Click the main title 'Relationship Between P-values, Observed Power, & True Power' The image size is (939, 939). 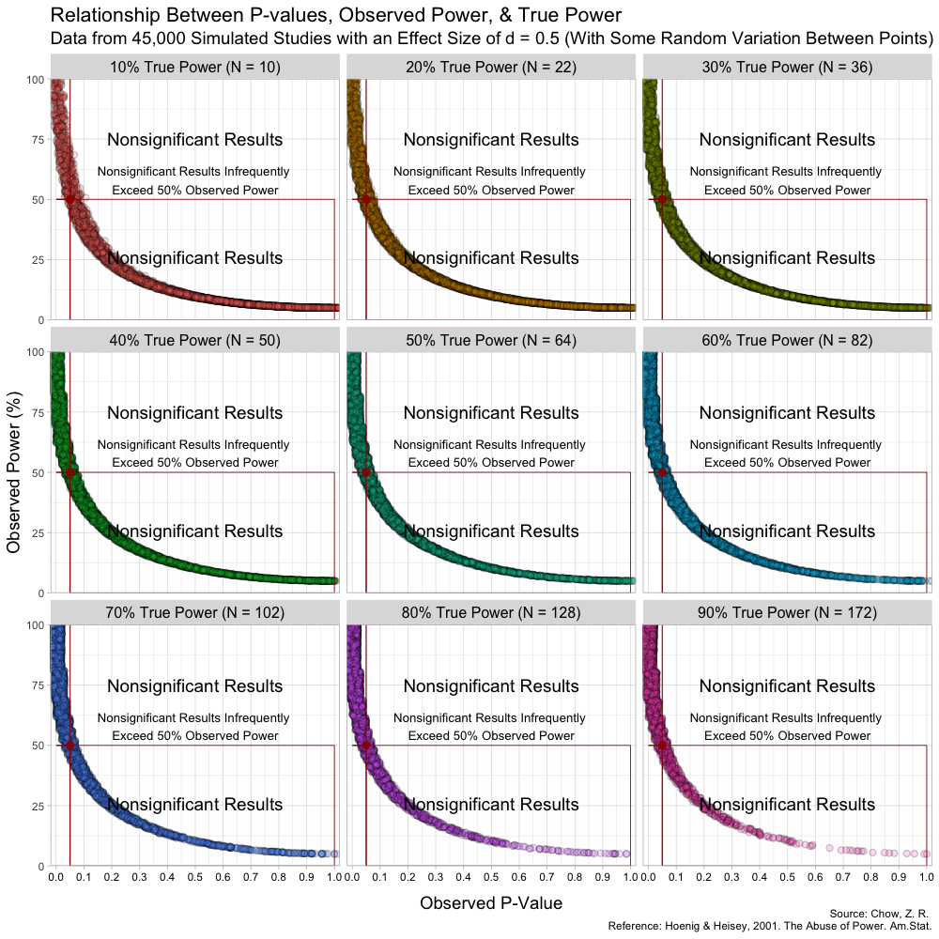[335, 15]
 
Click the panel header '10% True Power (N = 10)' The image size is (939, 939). [195, 67]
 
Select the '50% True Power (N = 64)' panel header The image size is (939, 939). [491, 340]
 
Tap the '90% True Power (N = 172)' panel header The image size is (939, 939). [788, 613]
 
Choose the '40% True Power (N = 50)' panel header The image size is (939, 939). [195, 340]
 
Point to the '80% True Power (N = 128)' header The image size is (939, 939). [491, 613]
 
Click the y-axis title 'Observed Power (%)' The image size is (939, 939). [14, 472]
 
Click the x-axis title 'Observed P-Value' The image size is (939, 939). [491, 903]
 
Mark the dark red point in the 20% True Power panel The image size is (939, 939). [366, 199]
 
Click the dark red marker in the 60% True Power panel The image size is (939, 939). [662, 472]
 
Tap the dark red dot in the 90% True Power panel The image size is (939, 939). [662, 746]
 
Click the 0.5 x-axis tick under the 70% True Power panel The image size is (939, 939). [195, 876]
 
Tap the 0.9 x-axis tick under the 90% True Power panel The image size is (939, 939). [899, 876]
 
